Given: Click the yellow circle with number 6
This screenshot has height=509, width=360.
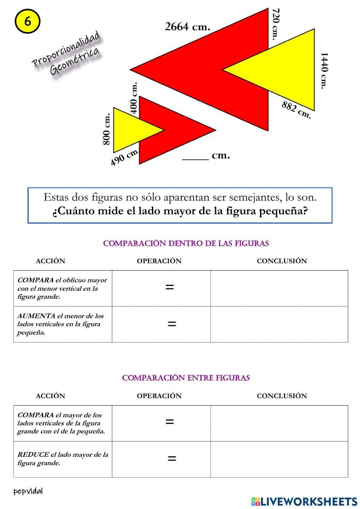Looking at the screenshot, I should [x=27, y=21].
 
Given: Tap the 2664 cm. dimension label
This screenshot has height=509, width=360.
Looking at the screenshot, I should [x=187, y=27].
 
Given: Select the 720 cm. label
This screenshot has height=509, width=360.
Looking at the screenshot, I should [x=275, y=24].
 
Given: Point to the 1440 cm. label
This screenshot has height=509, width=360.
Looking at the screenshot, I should [x=324, y=71].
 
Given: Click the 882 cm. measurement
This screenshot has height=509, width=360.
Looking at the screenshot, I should [x=296, y=110].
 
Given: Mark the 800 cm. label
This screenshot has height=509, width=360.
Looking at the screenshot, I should [x=107, y=129].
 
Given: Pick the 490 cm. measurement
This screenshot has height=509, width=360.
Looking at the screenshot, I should [x=124, y=157].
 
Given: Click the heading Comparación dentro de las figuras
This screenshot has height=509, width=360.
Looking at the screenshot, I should [x=186, y=244].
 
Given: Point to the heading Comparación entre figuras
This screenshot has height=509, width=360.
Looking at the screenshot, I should [x=186, y=378].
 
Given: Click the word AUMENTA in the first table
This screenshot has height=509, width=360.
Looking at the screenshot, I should [x=36, y=316].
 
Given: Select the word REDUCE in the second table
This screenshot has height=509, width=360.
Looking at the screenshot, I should [x=33, y=455].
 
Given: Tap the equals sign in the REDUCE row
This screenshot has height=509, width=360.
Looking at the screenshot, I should [x=172, y=459].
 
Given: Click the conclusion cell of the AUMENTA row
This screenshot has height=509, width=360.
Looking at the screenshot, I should [x=279, y=324].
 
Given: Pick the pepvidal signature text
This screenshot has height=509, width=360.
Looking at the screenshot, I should [x=28, y=491].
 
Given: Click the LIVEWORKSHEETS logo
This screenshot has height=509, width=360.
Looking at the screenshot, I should [x=304, y=501].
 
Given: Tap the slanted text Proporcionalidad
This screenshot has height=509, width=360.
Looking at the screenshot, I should [x=66, y=49].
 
